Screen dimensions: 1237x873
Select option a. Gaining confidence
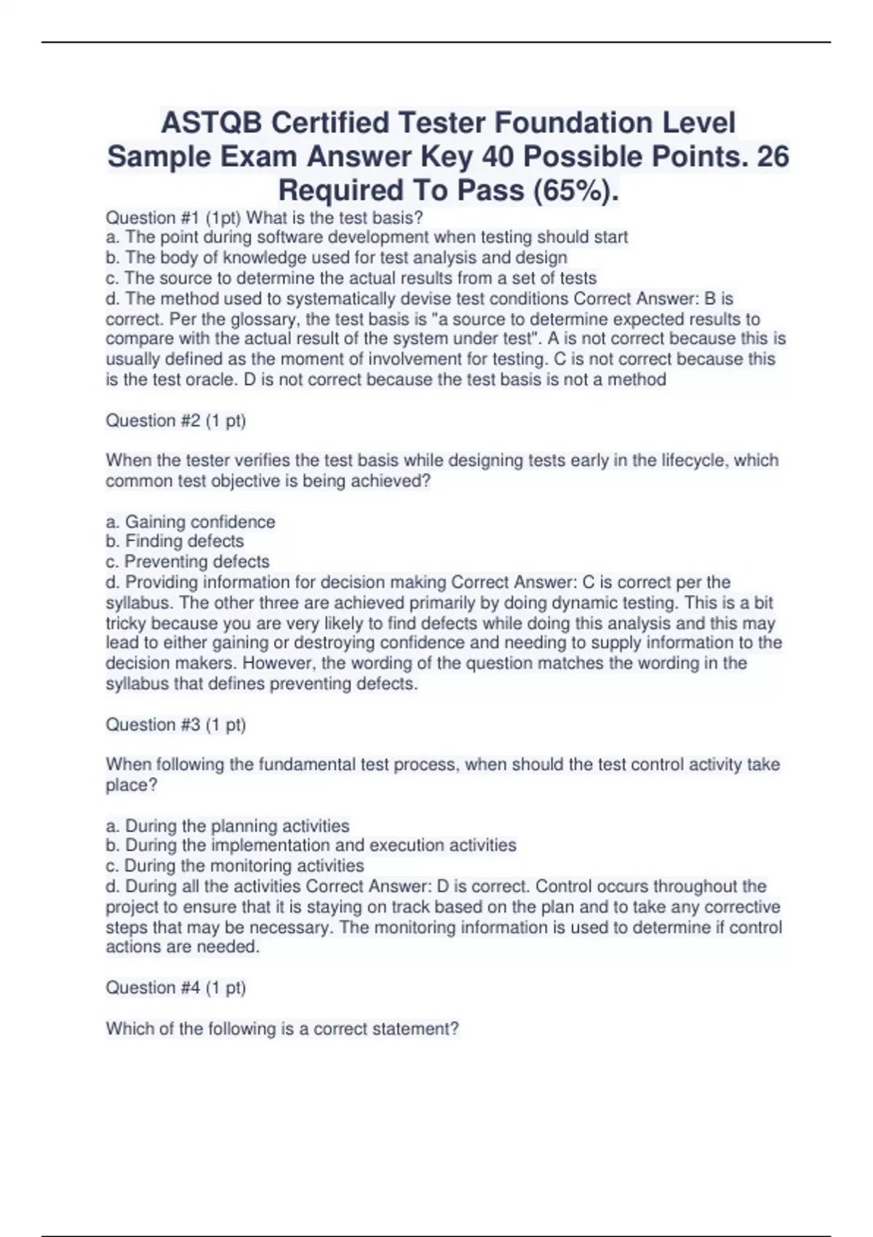click(x=191, y=522)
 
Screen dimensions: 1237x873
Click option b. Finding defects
click(x=175, y=541)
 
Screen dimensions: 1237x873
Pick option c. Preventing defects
click(x=188, y=562)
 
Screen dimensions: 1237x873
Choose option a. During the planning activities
click(x=228, y=826)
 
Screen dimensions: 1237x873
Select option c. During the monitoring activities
click(x=235, y=866)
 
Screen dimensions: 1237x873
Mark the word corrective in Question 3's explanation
click(x=742, y=907)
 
